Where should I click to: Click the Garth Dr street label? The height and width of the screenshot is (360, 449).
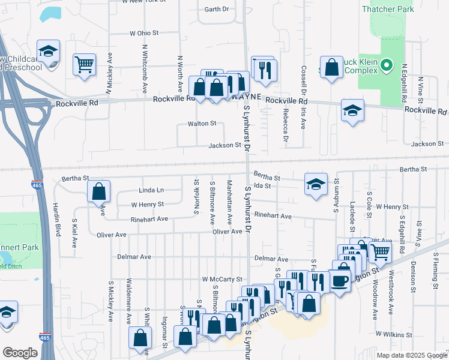[x=217, y=10]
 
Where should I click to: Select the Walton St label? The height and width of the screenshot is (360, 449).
[x=202, y=124]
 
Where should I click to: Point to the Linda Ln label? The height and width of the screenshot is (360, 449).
[x=151, y=190]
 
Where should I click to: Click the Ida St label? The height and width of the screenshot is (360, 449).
[x=263, y=186]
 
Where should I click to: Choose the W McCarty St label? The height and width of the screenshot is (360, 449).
[x=221, y=279]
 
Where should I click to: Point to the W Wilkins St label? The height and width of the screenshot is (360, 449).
[x=394, y=334]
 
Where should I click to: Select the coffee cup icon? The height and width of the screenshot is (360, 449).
[x=340, y=281]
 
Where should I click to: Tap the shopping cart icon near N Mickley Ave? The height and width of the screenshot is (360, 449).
[x=85, y=64]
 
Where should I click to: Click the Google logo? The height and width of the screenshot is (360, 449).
[x=20, y=353]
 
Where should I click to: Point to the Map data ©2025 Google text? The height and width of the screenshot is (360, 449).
[x=411, y=355]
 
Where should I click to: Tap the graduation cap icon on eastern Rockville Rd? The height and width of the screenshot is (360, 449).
[x=352, y=110]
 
